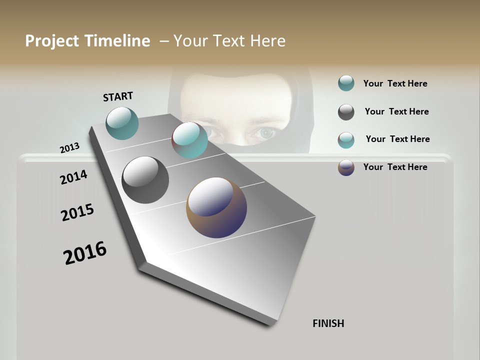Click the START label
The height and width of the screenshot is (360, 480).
point(118,96)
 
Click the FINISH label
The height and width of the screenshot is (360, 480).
point(328,323)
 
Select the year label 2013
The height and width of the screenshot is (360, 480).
point(69,148)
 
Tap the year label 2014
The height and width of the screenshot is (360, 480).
point(73,177)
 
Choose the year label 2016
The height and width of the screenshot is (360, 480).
point(85,253)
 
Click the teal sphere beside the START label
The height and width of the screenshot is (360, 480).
point(122,123)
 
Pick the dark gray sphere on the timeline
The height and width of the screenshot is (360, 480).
point(145,180)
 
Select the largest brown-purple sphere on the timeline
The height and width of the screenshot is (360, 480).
point(216,207)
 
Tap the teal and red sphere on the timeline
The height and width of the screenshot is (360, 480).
point(190,140)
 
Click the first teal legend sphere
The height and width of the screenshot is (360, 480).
point(346,83)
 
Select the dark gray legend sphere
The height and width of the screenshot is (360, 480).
point(346,112)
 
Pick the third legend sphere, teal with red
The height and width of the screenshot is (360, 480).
point(346,140)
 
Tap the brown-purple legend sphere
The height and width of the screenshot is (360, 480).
point(346,167)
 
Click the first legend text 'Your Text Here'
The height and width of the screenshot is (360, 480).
point(395,83)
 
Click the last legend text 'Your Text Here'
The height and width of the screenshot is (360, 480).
point(395,167)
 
